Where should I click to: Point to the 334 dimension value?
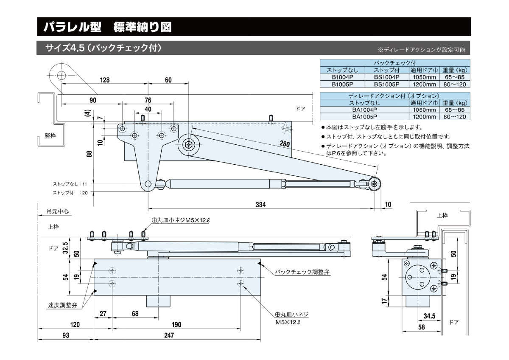(x=260, y=205)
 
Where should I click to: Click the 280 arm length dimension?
(x=285, y=144)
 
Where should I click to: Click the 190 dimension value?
(x=176, y=325)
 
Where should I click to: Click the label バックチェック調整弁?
(x=302, y=272)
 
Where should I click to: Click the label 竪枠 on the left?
(x=50, y=135)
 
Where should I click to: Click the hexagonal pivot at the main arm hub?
(x=187, y=144)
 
